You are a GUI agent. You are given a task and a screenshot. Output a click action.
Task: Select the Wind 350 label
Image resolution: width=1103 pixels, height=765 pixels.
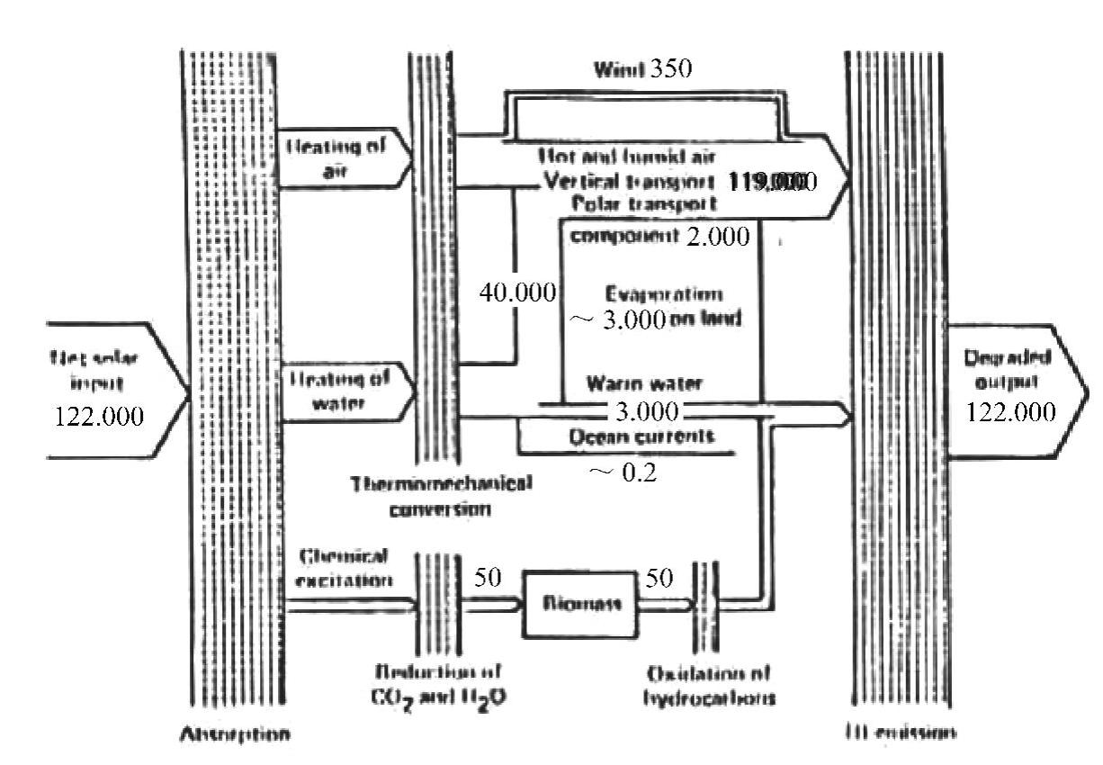point(642,69)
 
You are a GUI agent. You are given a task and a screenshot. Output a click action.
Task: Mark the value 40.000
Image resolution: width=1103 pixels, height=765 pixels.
point(518,295)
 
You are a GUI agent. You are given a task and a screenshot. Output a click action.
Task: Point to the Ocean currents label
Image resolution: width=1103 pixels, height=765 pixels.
point(643,436)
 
